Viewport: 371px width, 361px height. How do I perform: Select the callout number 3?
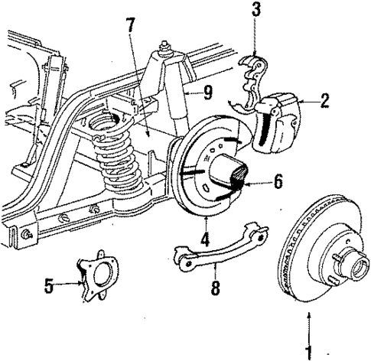[256, 11]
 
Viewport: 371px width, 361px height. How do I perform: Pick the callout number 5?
[48, 288]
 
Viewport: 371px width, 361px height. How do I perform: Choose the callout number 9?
[207, 93]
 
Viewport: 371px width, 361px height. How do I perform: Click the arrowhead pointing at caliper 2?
[302, 99]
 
